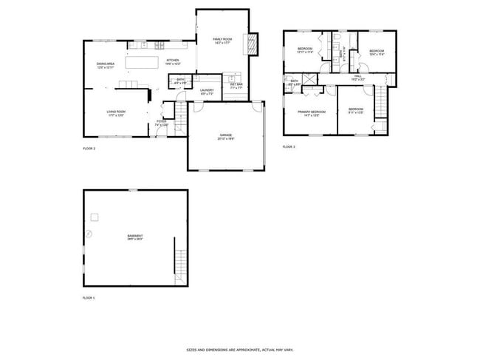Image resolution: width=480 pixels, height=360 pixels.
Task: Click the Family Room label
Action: coord(222,40)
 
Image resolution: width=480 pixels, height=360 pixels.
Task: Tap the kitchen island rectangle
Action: coord(143,62)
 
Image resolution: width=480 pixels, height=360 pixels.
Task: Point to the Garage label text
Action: coord(225,136)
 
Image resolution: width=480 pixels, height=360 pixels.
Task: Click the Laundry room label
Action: coord(207,92)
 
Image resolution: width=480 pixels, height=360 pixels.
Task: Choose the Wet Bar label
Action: coord(236,86)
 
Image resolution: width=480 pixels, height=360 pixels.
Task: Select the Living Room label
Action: coord(116,113)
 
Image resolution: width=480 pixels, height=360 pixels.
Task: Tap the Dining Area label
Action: coord(106,66)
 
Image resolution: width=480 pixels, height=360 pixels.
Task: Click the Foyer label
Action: coord(162,123)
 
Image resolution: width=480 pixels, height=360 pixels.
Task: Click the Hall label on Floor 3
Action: coord(357,77)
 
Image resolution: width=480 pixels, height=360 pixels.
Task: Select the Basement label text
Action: coord(134,237)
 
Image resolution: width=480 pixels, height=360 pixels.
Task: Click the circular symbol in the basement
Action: coord(89,233)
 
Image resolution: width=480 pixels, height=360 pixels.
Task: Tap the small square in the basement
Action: coord(95,217)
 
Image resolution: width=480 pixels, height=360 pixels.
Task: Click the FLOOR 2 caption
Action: coord(89,149)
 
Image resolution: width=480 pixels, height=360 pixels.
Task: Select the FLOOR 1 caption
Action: coord(89,298)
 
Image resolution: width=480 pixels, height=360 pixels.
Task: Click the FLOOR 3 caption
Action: coord(289,147)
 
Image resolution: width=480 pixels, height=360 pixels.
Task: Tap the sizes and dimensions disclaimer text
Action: coord(239,350)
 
